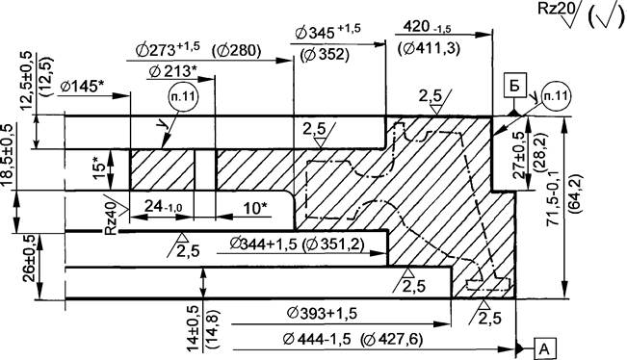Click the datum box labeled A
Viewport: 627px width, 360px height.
544,349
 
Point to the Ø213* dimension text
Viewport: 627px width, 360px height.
172,71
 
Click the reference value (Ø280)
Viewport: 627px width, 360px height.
236,51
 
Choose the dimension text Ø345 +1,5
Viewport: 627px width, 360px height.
327,31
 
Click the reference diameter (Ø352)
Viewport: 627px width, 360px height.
325,54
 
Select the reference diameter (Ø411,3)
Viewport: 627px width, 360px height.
430,49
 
